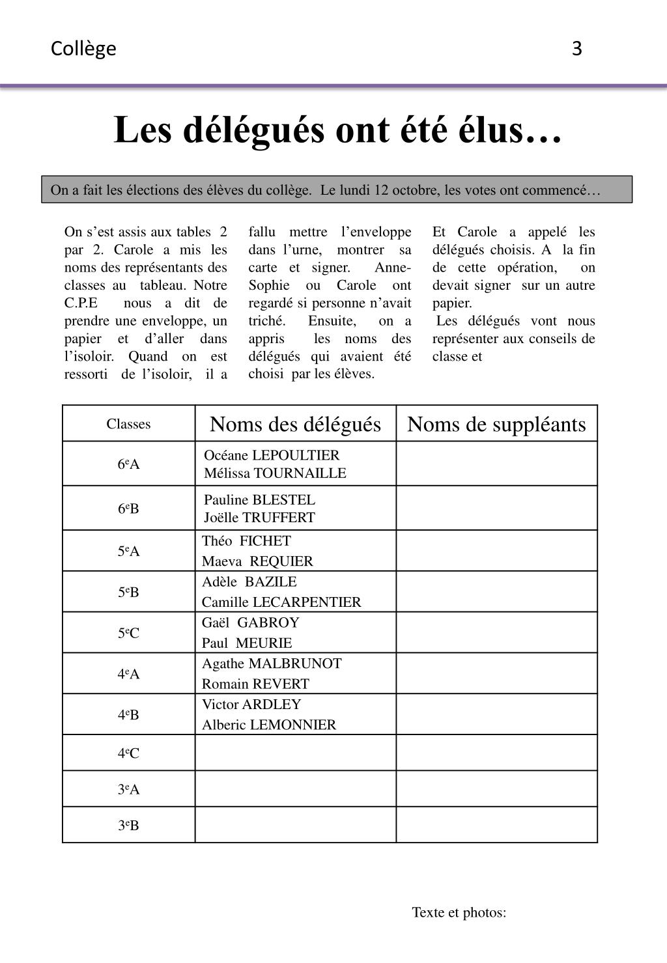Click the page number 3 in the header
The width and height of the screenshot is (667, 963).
576,49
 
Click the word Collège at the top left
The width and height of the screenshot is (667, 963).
83,49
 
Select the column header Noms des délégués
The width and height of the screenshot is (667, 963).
295,425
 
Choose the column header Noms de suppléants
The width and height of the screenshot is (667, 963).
496,425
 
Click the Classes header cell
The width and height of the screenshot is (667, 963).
128,424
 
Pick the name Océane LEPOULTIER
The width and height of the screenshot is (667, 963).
272,455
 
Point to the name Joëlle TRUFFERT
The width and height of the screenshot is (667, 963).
259,518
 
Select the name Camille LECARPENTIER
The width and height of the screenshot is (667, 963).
281,602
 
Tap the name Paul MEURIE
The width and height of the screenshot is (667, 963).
247,643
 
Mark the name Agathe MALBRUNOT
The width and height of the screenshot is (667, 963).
272,663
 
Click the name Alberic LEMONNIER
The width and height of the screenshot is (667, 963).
269,725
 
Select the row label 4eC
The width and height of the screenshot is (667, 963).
128,753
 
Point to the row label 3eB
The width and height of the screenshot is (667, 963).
128,826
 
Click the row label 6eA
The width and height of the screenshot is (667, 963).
128,464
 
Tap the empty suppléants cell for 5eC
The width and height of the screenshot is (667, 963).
496,632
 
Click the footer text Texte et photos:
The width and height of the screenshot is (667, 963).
459,912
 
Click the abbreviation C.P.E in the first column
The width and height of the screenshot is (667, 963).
81,303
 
